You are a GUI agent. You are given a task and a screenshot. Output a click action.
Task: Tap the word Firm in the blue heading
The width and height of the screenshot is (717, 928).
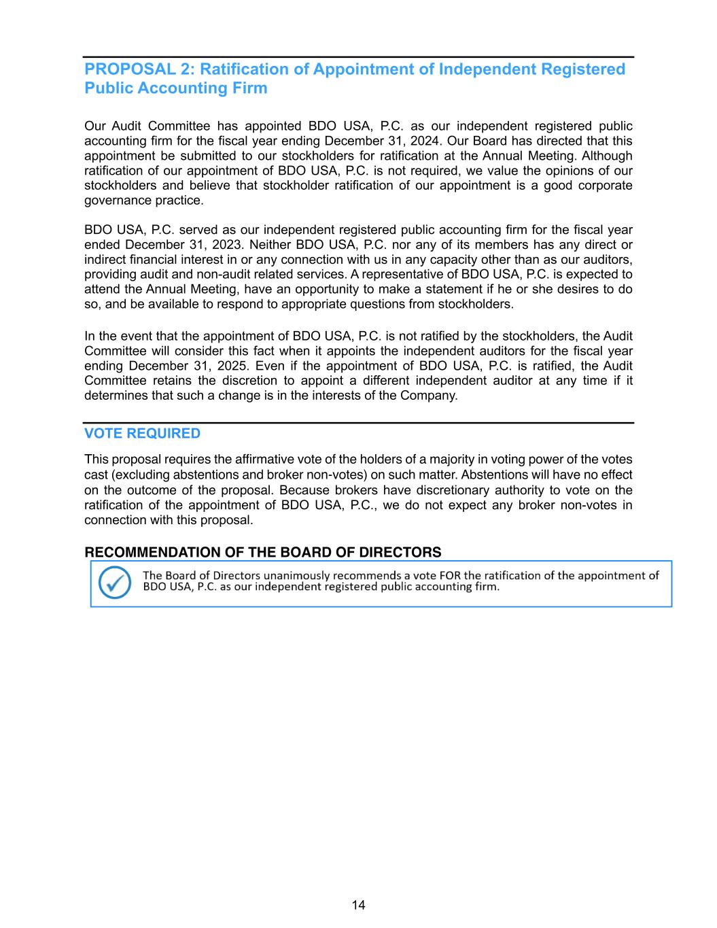tap(249, 88)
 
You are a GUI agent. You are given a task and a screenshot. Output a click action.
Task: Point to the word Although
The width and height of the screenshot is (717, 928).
tap(607, 156)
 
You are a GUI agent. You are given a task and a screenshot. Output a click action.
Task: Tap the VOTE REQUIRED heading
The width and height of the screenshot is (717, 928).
tap(142, 434)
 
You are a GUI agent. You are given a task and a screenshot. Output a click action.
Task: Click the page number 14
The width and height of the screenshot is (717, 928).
tap(358, 905)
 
